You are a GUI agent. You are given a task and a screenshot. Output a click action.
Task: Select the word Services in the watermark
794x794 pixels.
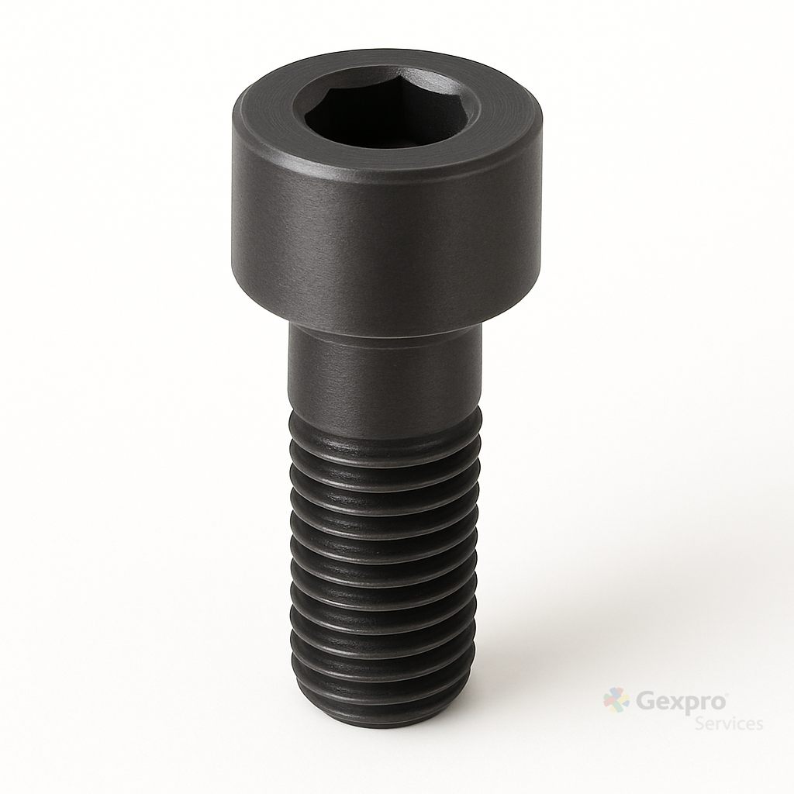(729, 723)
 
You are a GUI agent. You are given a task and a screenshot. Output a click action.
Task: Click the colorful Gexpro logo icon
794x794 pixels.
(616, 700)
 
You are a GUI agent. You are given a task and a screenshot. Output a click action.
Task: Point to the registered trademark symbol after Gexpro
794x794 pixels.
(727, 694)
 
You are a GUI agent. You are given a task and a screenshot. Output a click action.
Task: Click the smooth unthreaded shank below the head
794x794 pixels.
(385, 370)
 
